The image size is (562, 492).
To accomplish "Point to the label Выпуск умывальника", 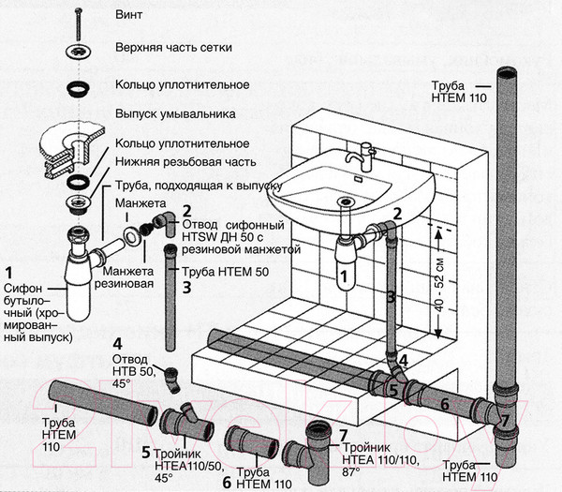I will (173, 114).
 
